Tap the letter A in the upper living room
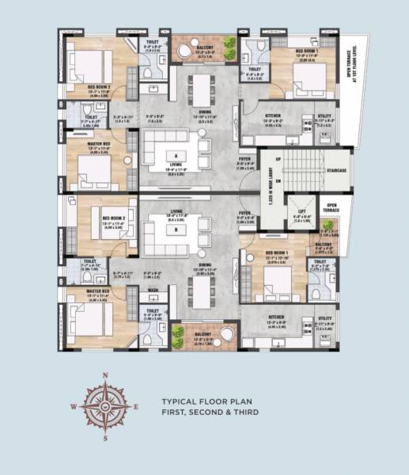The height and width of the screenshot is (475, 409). point(175,154)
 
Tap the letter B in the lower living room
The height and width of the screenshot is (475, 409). point(175,230)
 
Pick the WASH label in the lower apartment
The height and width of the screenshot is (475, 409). point(153,290)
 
